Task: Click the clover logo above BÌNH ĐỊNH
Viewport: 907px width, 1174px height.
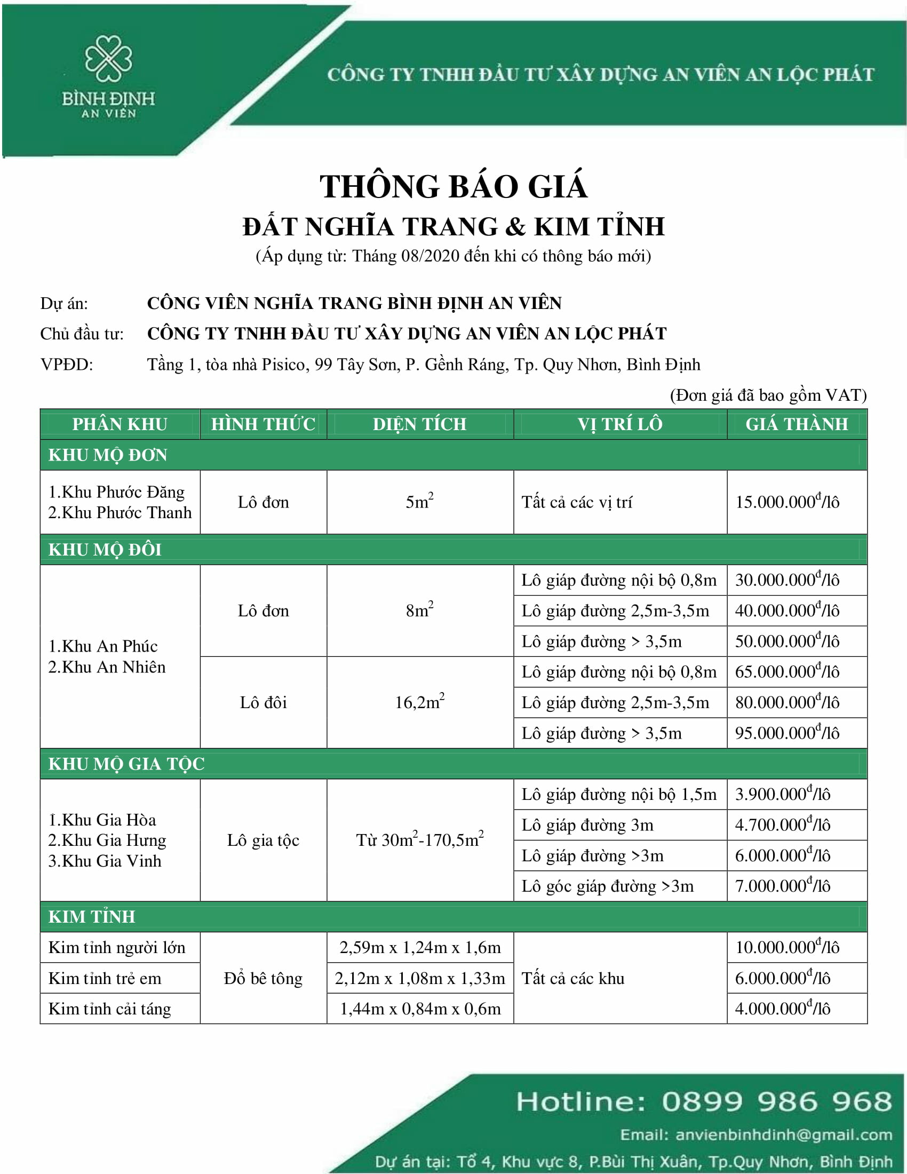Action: (x=108, y=59)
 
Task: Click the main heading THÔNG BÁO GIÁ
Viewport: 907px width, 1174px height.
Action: (x=453, y=187)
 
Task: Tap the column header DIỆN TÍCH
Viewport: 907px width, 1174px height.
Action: (x=420, y=424)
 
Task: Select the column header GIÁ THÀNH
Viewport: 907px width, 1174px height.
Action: (x=797, y=424)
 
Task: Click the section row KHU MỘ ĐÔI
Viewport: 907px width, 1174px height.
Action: (x=105, y=549)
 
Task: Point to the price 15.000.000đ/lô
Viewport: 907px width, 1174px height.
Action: (x=786, y=502)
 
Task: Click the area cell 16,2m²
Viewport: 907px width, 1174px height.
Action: (x=420, y=702)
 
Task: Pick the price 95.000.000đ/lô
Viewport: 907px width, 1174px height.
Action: (x=786, y=733)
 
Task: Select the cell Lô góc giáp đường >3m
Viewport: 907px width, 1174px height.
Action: (x=607, y=886)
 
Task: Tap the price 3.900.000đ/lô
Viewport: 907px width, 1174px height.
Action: (x=782, y=794)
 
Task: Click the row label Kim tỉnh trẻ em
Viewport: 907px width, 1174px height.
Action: (x=105, y=978)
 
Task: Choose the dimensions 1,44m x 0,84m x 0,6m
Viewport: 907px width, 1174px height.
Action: (x=420, y=1009)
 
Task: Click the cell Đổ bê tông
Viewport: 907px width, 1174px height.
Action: (x=262, y=978)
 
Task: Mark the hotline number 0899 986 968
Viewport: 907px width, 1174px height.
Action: (x=776, y=1101)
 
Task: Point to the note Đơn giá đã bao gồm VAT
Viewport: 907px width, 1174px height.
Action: (x=768, y=395)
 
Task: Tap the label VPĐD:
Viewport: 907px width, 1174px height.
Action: (x=67, y=364)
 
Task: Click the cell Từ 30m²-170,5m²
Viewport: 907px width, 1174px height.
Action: (x=420, y=839)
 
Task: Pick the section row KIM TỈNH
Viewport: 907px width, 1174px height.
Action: (x=91, y=916)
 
